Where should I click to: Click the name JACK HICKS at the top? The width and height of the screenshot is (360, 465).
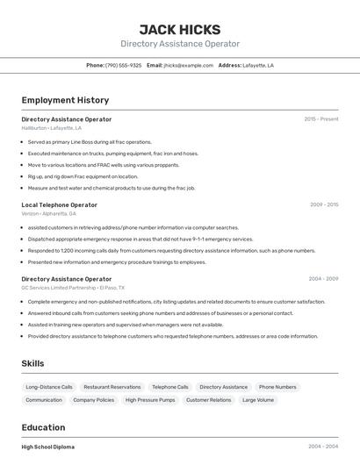[x=180, y=29]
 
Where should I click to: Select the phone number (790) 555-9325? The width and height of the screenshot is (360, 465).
[x=123, y=65]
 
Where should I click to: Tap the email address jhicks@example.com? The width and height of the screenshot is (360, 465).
[x=188, y=65]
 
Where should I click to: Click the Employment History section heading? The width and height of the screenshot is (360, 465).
[x=65, y=100]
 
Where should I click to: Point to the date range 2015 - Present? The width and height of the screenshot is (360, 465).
[x=320, y=119]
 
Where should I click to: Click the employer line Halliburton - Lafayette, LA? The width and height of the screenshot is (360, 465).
[x=51, y=128]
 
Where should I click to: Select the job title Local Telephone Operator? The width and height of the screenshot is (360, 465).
[x=59, y=204]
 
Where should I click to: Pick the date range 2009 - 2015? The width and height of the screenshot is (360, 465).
[x=323, y=204]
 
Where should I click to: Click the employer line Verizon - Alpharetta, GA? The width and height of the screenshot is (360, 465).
[x=48, y=213]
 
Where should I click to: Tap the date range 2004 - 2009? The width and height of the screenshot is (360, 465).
[x=323, y=279]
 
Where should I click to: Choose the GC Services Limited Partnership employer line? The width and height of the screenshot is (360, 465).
[x=73, y=288]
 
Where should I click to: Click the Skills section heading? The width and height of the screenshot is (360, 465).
[x=32, y=363]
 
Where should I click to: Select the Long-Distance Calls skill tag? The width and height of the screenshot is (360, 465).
[x=49, y=387]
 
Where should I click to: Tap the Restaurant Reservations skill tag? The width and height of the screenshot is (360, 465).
[x=112, y=387]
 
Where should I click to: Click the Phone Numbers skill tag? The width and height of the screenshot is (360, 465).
[x=277, y=387]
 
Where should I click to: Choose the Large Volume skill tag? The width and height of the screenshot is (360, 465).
[x=258, y=400]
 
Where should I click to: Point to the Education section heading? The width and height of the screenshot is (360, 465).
[x=43, y=427]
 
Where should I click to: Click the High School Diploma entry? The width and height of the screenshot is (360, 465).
[x=48, y=447]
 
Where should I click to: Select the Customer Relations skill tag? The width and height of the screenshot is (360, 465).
[x=208, y=400]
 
